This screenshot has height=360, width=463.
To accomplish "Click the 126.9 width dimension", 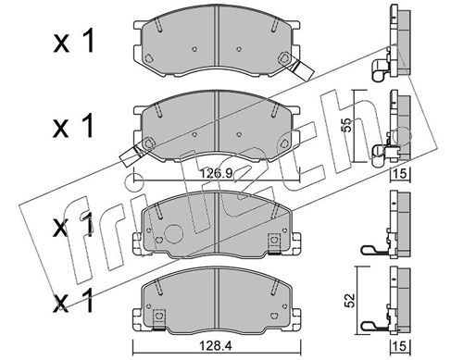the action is coord(216,173).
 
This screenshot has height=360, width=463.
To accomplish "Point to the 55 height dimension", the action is coord(348,125).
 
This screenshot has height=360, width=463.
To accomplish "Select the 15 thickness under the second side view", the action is coord(400,174).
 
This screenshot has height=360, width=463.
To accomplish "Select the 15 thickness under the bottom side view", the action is coord(400,346).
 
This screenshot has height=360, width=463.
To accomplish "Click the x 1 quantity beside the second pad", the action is coord(73,126).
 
